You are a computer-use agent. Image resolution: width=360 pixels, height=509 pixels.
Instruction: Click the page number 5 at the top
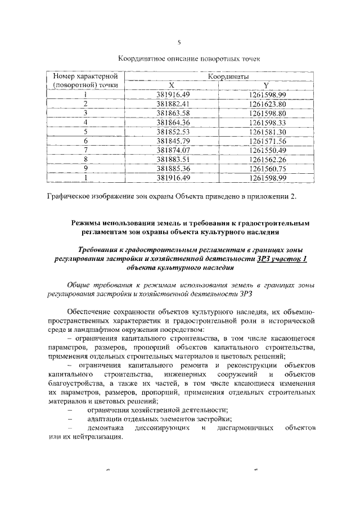179,42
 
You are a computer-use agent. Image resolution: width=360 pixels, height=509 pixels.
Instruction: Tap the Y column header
267,85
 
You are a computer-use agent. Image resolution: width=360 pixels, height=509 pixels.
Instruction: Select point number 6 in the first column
85,140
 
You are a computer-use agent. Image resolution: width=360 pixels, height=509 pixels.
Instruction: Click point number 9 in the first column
85,168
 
